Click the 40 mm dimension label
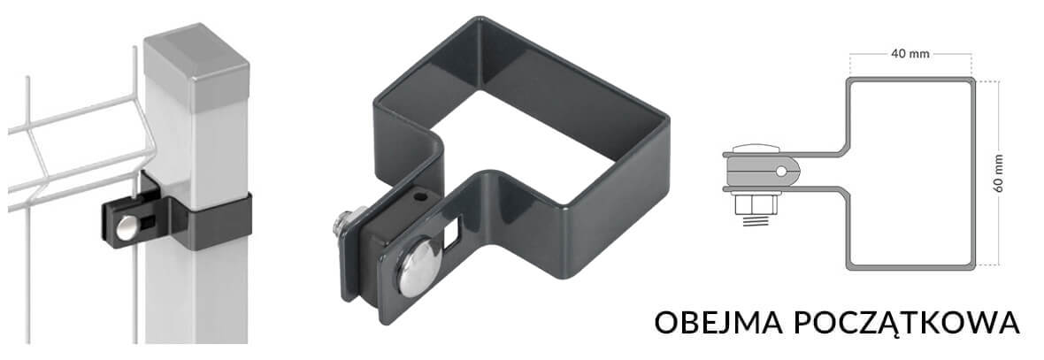pos(910,54)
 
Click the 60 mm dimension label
pos(997,173)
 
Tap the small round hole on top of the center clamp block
pos(418,198)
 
